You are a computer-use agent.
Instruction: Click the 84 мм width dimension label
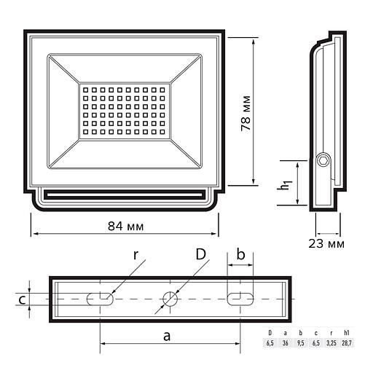pos(125,227)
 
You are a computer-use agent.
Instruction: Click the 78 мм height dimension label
pos(246,114)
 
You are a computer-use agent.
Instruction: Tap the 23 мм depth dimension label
pos(326,243)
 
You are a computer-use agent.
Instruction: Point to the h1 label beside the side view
pos(285,185)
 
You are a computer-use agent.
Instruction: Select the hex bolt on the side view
pos(323,160)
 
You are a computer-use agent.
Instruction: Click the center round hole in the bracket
pos(170,299)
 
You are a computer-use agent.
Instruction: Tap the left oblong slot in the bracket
pos(100,299)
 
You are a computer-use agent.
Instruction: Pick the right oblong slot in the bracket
pos(240,299)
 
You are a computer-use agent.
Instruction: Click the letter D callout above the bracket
pos(200,254)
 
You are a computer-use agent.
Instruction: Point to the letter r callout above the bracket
pos(136,255)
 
